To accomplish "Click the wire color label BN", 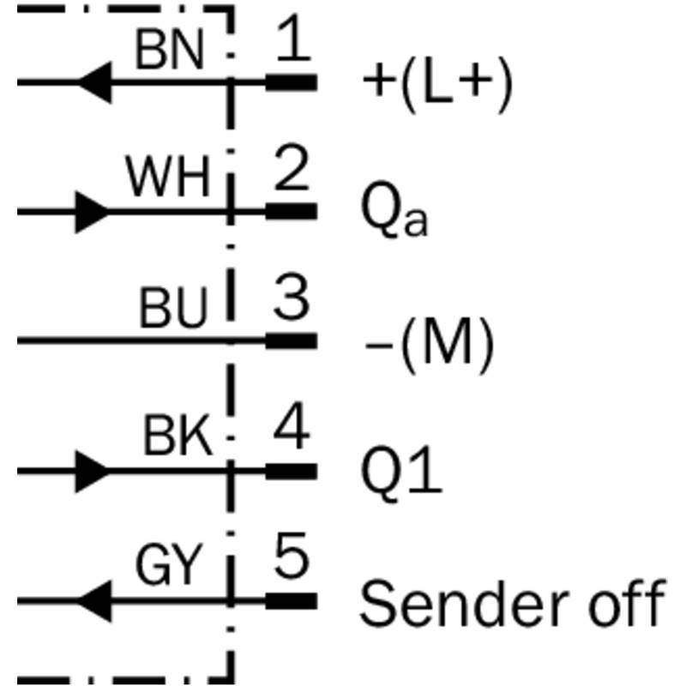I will pyautogui.click(x=170, y=52).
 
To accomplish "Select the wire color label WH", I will pyautogui.click(x=168, y=181).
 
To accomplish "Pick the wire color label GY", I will pyautogui.click(x=168, y=567).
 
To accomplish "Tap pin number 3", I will pyautogui.click(x=292, y=301).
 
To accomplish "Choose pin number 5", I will pyautogui.click(x=292, y=561).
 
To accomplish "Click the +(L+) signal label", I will pyautogui.click(x=437, y=85).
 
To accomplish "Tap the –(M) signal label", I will pyautogui.click(x=429, y=344).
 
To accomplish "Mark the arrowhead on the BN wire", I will pyautogui.click(x=95, y=82).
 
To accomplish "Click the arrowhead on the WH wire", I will pyautogui.click(x=91, y=211).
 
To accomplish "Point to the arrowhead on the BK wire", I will pyautogui.click(x=91, y=471).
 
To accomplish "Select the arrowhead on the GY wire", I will pyautogui.click(x=95, y=601).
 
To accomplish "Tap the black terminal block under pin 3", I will pyautogui.click(x=291, y=341).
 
